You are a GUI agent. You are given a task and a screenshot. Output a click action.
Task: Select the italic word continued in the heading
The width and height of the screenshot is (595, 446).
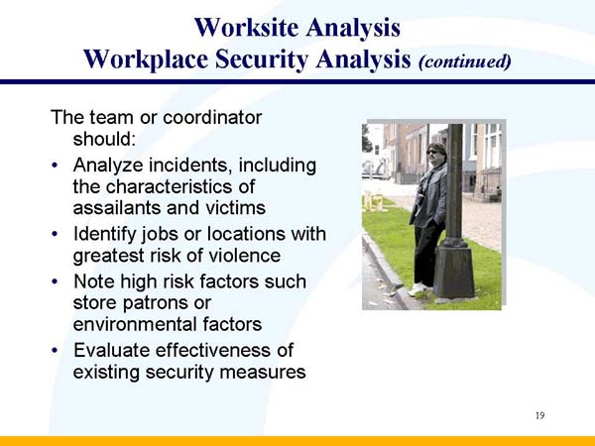[x=465, y=60]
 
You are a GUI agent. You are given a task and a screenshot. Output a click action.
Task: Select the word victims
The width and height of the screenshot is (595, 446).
[x=237, y=208]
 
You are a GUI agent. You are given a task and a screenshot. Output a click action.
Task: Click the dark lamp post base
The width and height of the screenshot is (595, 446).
[x=455, y=272]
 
